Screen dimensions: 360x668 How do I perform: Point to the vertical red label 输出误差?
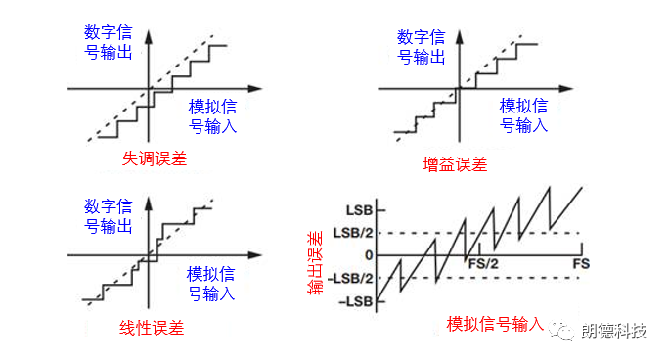[315, 257]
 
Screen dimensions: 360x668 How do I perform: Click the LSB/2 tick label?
[353, 233]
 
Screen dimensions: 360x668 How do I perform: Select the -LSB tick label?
[356, 300]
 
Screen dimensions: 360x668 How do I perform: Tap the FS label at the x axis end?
[582, 264]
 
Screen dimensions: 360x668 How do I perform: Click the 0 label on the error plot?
[370, 255]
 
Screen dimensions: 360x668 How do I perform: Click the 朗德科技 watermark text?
[613, 332]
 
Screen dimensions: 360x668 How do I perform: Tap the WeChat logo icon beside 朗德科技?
[566, 332]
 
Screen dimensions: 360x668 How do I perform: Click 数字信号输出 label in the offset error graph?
[109, 37]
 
